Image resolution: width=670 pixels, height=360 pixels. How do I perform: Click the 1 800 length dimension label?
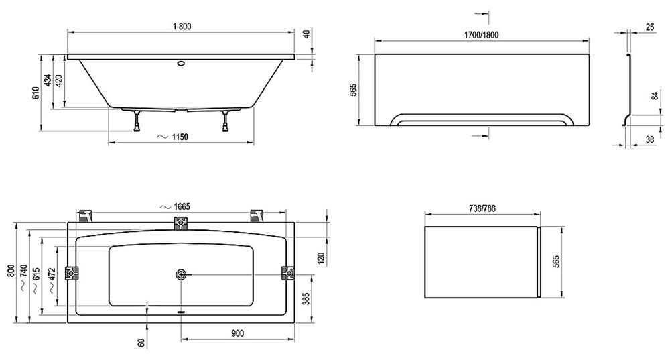click(182, 27)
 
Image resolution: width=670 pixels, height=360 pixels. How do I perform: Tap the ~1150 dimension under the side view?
click(173, 137)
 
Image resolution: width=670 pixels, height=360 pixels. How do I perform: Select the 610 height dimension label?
click(36, 93)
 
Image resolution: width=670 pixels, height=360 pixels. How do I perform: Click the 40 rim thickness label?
click(306, 34)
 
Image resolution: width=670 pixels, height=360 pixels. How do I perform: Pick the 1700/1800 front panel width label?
click(482, 35)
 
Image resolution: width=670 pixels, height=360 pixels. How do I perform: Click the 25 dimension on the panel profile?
click(650, 27)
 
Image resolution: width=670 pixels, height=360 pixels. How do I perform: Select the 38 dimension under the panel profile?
click(649, 139)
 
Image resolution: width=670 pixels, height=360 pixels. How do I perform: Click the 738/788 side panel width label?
click(482, 208)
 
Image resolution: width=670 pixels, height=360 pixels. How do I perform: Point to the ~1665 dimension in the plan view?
click(175, 207)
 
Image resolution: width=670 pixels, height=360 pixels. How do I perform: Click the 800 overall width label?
click(11, 272)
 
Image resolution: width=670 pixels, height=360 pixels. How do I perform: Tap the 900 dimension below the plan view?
click(238, 333)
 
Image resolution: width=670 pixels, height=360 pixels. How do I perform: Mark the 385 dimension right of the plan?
click(306, 298)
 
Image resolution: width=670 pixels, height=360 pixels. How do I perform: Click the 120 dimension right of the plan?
click(322, 258)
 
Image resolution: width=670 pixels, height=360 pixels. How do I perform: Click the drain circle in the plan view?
click(181, 274)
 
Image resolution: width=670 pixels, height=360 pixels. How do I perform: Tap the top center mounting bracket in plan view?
click(181, 223)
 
